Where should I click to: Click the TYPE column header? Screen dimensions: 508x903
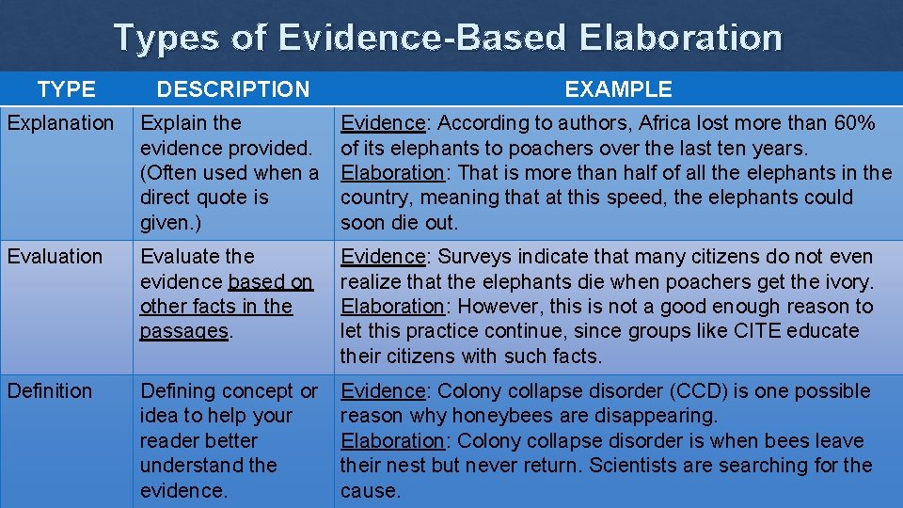point(66,89)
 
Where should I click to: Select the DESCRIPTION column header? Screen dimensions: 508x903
point(232,89)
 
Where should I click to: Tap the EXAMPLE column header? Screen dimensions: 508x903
point(618,89)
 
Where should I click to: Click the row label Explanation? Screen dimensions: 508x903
point(60,123)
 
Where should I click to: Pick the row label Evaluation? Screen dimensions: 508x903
point(55,257)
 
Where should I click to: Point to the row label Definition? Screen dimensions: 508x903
point(50,391)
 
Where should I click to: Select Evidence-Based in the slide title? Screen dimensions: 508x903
point(422,38)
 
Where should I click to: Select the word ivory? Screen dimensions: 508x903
point(849,281)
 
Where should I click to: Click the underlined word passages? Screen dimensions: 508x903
point(184,331)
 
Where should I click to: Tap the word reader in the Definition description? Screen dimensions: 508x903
point(170,440)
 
